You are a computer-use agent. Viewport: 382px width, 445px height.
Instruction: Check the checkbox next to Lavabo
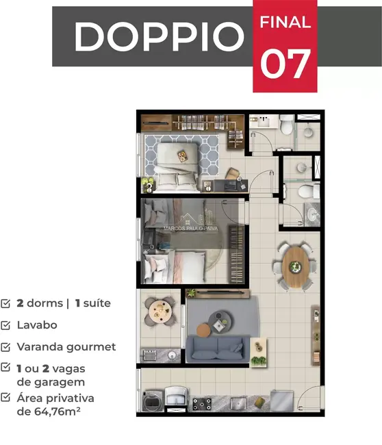coord(5,325)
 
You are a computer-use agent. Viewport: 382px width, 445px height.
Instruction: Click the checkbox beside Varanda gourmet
coord(5,347)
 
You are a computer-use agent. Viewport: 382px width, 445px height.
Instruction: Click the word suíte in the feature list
coord(95,303)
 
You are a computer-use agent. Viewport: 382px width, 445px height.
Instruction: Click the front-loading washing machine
coord(152,400)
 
